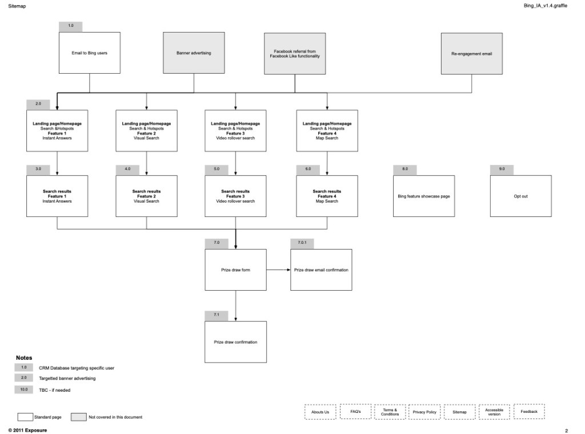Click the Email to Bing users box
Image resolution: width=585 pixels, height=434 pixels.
pyautogui.click(x=90, y=53)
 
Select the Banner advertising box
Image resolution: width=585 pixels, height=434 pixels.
pyautogui.click(x=194, y=53)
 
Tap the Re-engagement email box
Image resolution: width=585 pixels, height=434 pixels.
pyautogui.click(x=471, y=54)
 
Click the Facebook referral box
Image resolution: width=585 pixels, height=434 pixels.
pyautogui.click(x=295, y=54)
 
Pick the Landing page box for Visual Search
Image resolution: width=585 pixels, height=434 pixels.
pyautogui.click(x=146, y=131)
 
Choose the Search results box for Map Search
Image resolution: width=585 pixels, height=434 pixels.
pyautogui.click(x=327, y=196)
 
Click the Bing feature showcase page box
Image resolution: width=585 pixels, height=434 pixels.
pyautogui.click(x=424, y=196)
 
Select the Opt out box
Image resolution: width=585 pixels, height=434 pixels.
pyautogui.click(x=520, y=196)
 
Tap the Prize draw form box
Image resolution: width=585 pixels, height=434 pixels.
pyautogui.click(x=235, y=270)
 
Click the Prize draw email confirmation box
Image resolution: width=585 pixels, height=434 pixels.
pyautogui.click(x=321, y=270)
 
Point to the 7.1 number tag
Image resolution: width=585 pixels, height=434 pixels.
pyautogui.click(x=217, y=315)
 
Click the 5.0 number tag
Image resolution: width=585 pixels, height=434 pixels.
pyautogui.click(x=217, y=170)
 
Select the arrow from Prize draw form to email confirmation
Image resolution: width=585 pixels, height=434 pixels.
pyautogui.click(x=278, y=270)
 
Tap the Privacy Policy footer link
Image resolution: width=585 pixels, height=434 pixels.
pyautogui.click(x=424, y=412)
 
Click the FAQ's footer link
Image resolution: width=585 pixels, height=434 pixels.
pyautogui.click(x=355, y=412)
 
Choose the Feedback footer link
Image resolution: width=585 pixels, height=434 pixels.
pyautogui.click(x=529, y=412)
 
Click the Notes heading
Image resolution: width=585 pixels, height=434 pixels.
pyautogui.click(x=24, y=357)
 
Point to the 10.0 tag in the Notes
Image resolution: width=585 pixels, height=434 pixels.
pyautogui.click(x=24, y=389)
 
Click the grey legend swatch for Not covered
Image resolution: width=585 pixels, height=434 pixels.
pyautogui.click(x=78, y=417)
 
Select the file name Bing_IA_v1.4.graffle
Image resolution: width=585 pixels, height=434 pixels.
pyautogui.click(x=545, y=6)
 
